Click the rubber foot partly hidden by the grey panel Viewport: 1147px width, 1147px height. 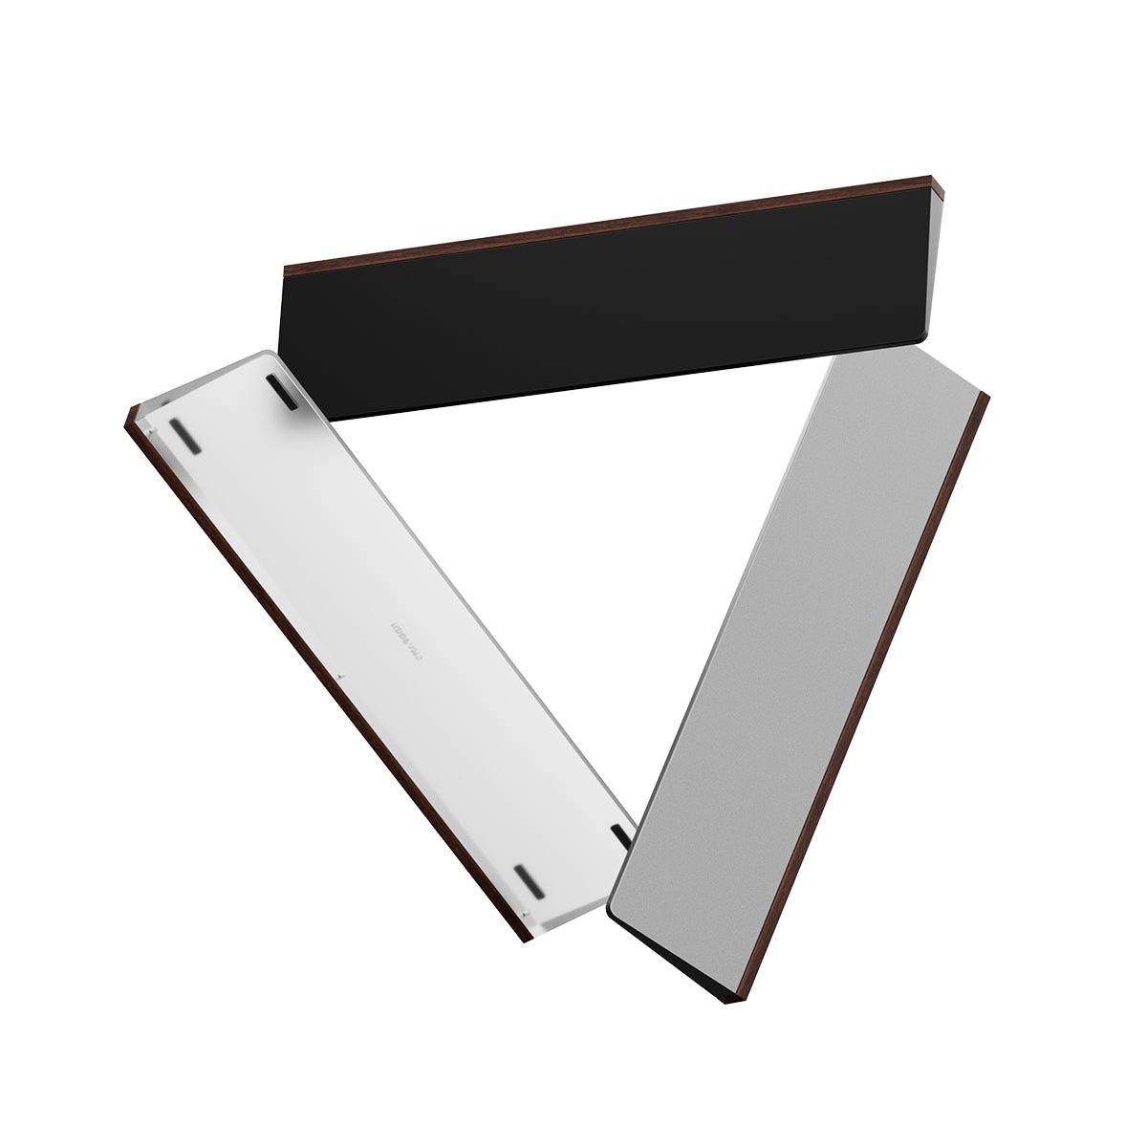coord(621,836)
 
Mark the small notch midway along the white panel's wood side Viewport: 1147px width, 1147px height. coord(340,677)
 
